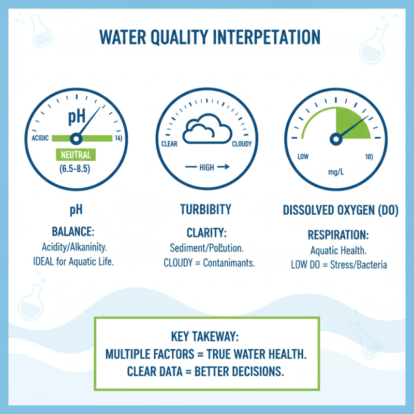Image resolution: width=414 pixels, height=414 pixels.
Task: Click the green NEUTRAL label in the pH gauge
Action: pos(76,154)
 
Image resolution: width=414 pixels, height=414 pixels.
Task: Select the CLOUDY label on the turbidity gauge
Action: pos(242,144)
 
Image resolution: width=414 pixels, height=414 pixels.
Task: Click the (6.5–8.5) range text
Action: pos(76,168)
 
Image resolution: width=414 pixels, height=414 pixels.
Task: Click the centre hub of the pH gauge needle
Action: pos(76,138)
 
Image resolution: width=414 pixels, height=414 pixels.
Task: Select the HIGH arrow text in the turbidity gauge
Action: pos(206,167)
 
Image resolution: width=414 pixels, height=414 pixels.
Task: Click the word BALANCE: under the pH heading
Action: pos(73,231)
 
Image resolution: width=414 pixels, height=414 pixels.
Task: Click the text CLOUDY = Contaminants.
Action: pos(209,262)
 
